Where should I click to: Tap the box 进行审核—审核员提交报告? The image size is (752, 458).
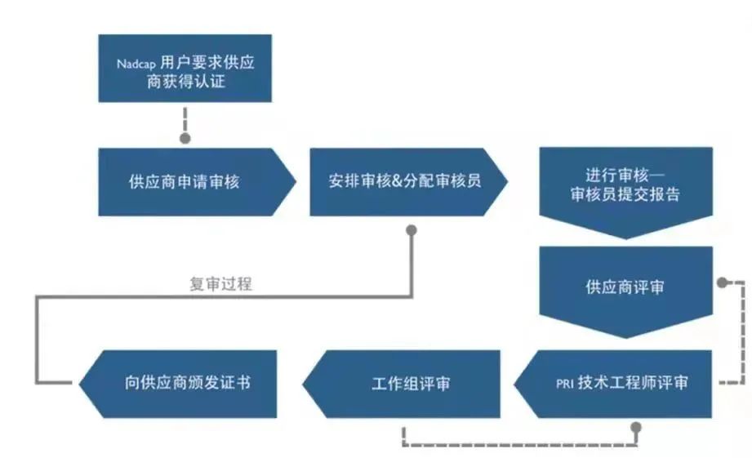click(x=625, y=186)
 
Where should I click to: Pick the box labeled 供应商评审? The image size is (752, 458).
click(x=625, y=287)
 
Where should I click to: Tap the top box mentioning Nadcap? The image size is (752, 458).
click(x=185, y=68)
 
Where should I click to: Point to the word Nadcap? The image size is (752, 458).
click(x=136, y=62)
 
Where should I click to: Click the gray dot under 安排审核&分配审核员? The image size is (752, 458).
click(x=412, y=231)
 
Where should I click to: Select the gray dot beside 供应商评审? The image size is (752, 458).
click(x=721, y=282)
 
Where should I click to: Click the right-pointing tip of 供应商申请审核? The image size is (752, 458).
click(x=293, y=181)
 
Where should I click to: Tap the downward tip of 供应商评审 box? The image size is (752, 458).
click(x=625, y=336)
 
